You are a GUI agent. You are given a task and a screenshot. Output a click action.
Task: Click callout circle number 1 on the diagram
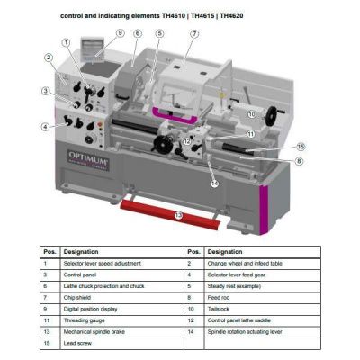[66, 42]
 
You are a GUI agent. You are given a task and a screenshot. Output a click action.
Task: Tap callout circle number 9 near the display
[119, 32]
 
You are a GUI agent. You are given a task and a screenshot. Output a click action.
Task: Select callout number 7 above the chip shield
[194, 33]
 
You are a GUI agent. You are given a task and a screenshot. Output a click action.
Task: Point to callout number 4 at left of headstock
[44, 127]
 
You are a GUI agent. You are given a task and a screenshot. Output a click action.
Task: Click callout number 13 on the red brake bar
[178, 216]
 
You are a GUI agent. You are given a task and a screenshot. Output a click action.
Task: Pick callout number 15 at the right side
[301, 146]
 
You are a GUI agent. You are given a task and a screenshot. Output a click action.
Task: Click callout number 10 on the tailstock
[252, 114]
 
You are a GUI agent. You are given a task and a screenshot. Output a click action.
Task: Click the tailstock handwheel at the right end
[287, 112]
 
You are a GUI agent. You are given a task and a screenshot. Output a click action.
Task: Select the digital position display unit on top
[93, 48]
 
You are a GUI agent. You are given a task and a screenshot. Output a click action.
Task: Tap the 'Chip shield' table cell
[79, 296]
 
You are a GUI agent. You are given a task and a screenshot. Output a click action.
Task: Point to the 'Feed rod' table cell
[220, 296]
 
